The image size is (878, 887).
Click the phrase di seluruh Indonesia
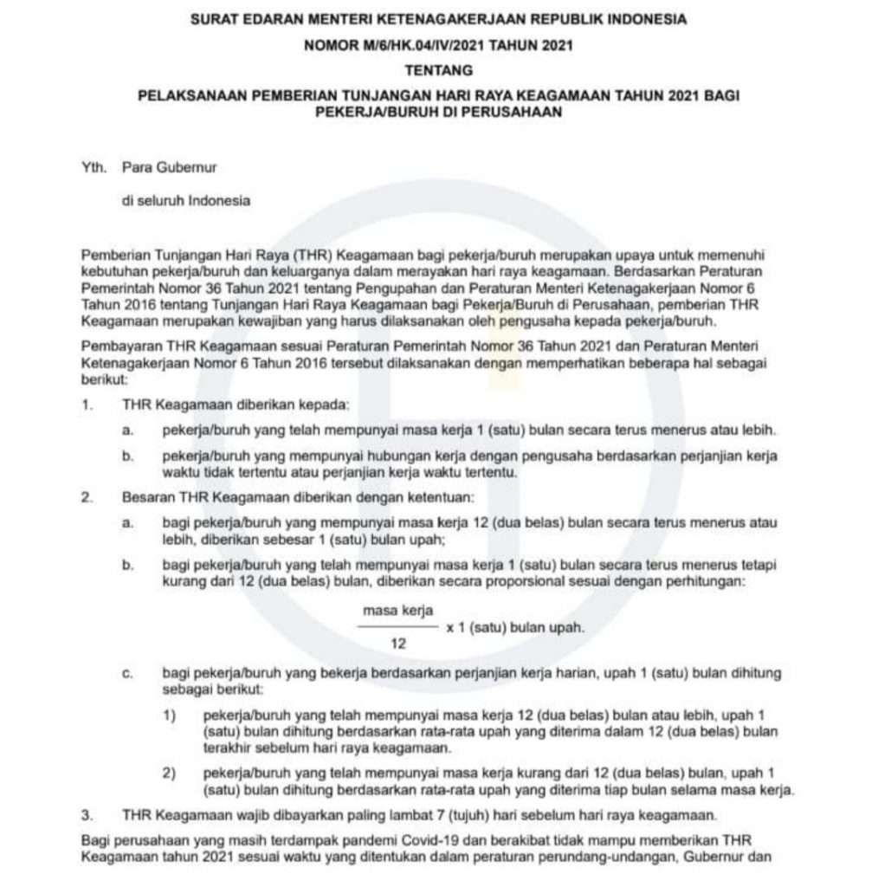pyautogui.click(x=186, y=200)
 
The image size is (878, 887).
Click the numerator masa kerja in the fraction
pyautogui.click(x=398, y=611)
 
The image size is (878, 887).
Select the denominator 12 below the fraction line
pyautogui.click(x=399, y=644)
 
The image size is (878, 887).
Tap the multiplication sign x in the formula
pyautogui.click(x=449, y=627)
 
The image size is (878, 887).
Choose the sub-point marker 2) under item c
pyautogui.click(x=169, y=772)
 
